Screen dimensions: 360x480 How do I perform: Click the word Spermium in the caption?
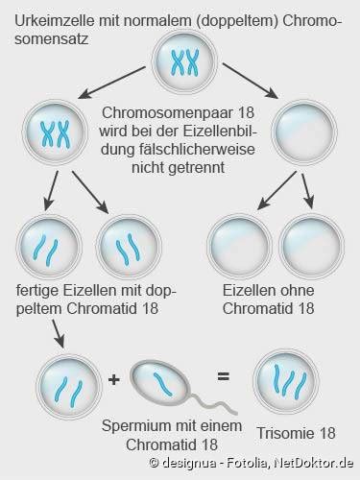click(135, 426)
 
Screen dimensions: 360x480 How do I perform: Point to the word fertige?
click(36, 291)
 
